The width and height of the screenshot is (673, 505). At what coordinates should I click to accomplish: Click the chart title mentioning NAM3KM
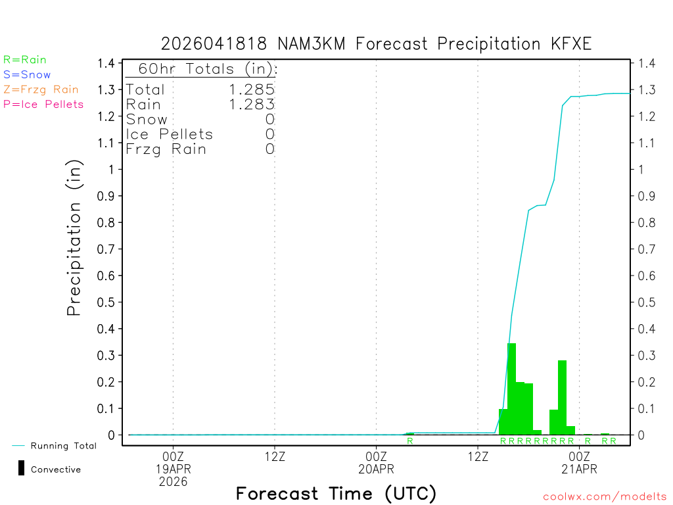(377, 44)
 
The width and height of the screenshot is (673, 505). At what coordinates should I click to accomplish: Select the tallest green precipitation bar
(511, 388)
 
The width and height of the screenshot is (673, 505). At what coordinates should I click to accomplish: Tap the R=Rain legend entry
(25, 59)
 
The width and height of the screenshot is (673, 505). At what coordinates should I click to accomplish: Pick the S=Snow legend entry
(27, 74)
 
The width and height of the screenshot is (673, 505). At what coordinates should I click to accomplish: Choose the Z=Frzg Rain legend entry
(41, 89)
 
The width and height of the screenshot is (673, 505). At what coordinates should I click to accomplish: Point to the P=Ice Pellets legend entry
(43, 104)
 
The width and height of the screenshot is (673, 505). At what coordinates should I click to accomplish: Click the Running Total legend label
(63, 446)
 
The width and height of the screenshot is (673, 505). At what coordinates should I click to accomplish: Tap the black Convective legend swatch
(21, 469)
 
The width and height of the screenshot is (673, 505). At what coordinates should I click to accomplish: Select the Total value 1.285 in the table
(252, 89)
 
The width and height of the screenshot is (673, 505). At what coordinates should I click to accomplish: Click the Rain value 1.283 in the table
(252, 104)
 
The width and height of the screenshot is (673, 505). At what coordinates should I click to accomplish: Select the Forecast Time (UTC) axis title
(336, 493)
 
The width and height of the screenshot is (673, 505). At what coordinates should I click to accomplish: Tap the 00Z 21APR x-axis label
(579, 462)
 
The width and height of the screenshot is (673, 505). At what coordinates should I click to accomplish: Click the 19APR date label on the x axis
(173, 469)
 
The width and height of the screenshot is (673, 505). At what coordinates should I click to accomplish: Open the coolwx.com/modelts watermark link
(605, 497)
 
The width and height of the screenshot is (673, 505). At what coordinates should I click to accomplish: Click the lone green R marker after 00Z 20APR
(409, 441)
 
